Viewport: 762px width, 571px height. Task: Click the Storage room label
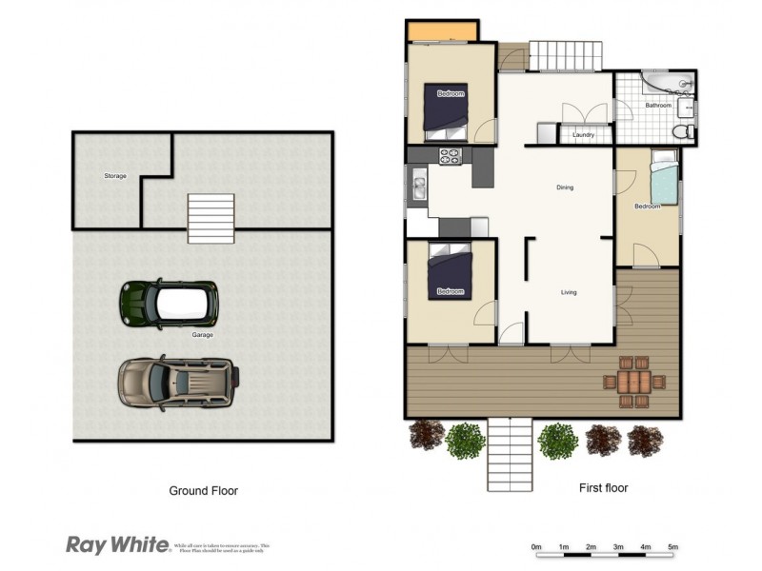coord(115,176)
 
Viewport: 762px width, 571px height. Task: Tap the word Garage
coord(202,335)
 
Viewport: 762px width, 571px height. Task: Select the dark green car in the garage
coord(169,303)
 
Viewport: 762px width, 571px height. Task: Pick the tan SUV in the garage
coord(177,383)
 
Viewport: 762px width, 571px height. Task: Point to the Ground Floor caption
coord(203,491)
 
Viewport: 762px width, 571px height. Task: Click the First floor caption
coord(603,488)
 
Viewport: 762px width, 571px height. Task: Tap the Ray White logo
coord(117,544)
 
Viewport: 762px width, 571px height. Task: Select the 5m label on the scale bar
coord(672,547)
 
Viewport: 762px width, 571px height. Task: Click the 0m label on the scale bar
coord(536,547)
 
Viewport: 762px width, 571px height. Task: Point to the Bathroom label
coord(658,106)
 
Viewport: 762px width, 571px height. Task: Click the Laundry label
coord(584,135)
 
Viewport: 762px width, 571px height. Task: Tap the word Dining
coord(565,187)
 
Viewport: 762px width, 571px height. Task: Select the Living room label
coord(569,292)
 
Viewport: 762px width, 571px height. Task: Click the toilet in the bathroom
coord(683,131)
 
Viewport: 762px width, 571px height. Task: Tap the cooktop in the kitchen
coord(450,155)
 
